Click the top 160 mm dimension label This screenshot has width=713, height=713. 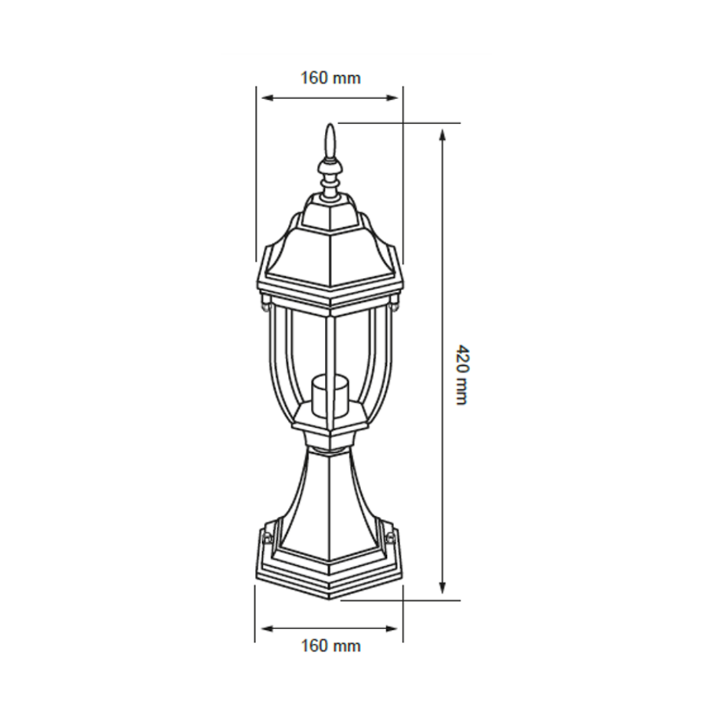pyautogui.click(x=331, y=78)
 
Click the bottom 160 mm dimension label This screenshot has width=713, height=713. pyautogui.click(x=331, y=645)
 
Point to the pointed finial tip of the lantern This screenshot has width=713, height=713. pyautogui.click(x=331, y=124)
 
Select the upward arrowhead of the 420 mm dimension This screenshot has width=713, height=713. pyautogui.click(x=442, y=135)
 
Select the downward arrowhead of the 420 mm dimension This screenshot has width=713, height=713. pyautogui.click(x=442, y=587)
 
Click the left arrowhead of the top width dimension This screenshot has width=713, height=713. pyautogui.click(x=268, y=97)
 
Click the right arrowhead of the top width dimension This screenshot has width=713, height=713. pyautogui.click(x=392, y=97)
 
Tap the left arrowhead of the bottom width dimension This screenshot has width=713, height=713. pyautogui.click(x=268, y=629)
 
